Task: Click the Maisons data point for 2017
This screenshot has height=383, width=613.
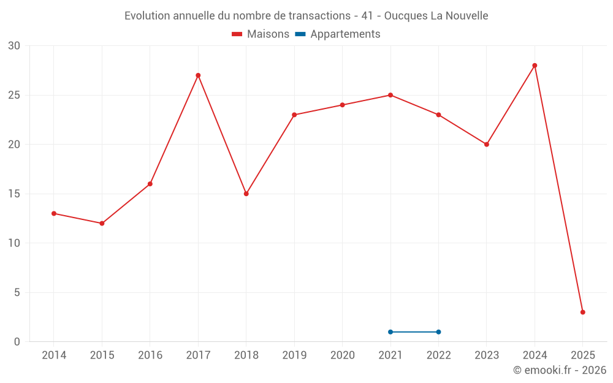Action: [198, 75]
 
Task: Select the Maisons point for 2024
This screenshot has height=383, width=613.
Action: [535, 66]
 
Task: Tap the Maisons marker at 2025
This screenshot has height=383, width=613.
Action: [582, 312]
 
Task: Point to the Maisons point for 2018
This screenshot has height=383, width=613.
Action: [246, 194]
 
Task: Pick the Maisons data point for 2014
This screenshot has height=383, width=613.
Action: [54, 213]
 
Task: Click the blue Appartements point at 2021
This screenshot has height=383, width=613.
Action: [390, 332]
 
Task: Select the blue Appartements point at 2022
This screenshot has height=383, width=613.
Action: [438, 332]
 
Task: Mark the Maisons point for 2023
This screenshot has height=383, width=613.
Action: [487, 145]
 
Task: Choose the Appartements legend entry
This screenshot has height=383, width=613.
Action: [345, 34]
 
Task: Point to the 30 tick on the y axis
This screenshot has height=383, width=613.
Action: [14, 46]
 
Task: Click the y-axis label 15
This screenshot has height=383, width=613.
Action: [14, 194]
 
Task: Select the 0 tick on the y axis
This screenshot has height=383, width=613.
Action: [17, 341]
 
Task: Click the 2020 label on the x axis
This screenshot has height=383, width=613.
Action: [342, 355]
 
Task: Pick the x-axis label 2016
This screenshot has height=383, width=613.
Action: [150, 355]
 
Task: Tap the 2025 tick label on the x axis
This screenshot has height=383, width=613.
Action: [582, 355]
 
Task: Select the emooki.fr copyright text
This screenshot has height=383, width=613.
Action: [560, 370]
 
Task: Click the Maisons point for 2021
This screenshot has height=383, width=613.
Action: [390, 95]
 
